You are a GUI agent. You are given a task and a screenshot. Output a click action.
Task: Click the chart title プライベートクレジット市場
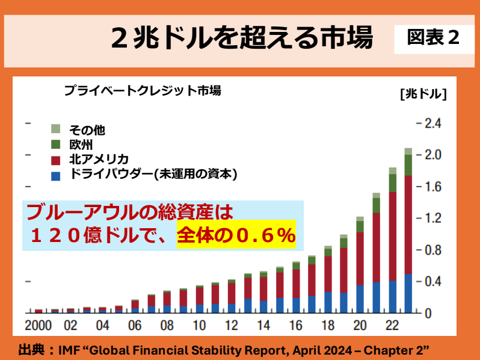(143, 92)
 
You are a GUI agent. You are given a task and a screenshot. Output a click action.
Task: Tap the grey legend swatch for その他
(56, 129)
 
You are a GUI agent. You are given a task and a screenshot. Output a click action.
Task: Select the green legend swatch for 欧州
(56, 144)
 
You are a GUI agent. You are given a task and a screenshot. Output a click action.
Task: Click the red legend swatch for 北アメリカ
(56, 160)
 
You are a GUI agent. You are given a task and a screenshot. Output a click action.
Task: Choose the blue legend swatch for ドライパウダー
(56, 175)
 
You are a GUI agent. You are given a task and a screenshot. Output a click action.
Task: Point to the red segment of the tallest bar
(408, 223)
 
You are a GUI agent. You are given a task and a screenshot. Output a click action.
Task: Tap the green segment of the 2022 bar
(392, 183)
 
